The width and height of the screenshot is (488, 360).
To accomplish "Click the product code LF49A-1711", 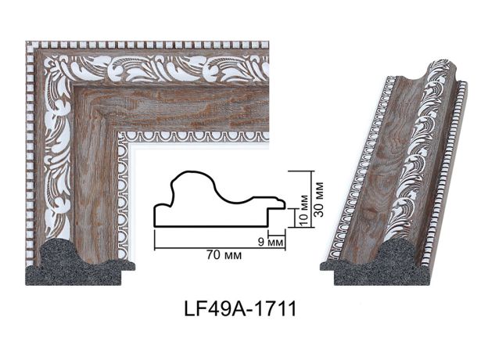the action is pos(240,309).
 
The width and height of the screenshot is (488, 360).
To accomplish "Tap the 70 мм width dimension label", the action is pos(224,255).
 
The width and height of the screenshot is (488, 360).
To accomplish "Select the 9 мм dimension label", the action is pos(271,242).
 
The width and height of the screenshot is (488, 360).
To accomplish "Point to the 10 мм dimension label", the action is pos(304,210).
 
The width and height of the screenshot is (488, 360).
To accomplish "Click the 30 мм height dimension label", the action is pos(320,200).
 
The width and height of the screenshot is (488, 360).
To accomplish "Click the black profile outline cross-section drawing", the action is pos(220,200).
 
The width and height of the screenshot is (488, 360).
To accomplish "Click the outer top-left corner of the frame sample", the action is pos(26,41).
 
